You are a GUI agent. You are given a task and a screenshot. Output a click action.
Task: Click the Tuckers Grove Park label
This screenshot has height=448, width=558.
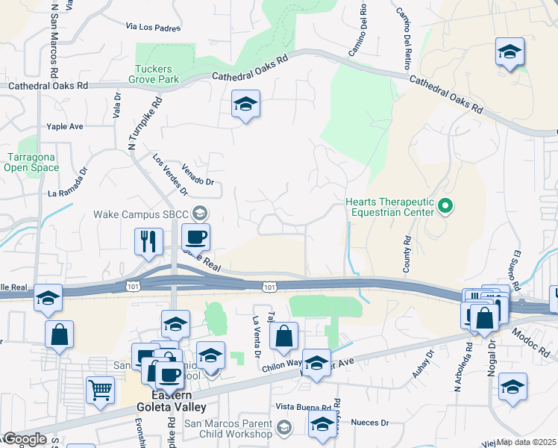(x=157, y=73)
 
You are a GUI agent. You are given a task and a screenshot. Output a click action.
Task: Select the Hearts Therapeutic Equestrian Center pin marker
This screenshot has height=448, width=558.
(x=445, y=205)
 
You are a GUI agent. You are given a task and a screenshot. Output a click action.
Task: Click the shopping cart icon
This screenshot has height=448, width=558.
(x=100, y=388)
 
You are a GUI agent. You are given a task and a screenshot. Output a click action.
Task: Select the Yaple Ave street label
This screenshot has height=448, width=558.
(x=65, y=127)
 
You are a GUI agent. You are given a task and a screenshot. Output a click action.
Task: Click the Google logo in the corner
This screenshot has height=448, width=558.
(x=24, y=440)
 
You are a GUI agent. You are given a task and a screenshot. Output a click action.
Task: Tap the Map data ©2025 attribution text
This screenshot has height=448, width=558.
(x=526, y=442)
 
